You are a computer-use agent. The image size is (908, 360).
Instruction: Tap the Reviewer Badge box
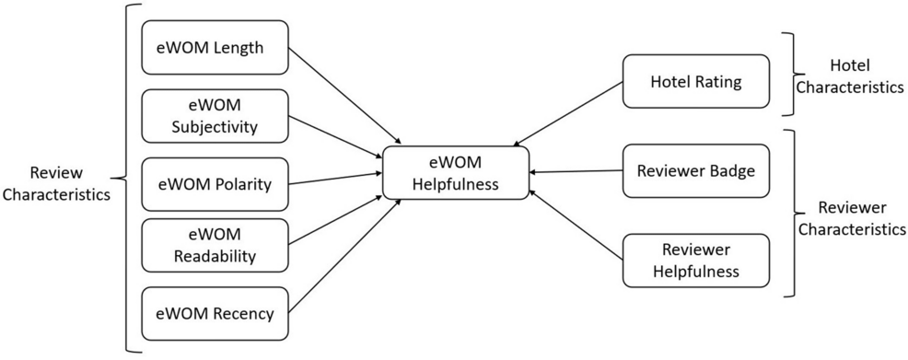coord(695,170)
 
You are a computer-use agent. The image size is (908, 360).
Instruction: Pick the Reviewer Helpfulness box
coord(695,261)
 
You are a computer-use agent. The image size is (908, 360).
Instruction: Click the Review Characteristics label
coord(55,183)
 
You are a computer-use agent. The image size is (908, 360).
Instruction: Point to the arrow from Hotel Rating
coord(566,114)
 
